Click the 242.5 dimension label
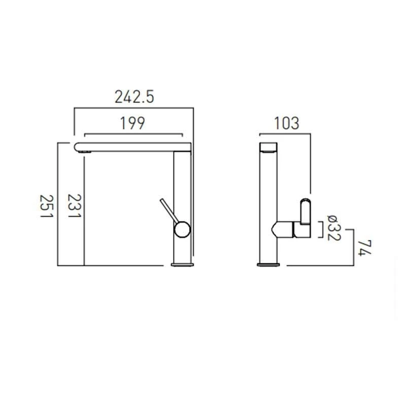coord(134,97)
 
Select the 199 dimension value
coord(133,123)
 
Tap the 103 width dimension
coord(286,123)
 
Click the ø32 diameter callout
coord(332,228)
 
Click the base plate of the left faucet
coord(182,264)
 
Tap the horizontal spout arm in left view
coord(132,147)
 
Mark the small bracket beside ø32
coord(320,229)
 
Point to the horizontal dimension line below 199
coord(133,135)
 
